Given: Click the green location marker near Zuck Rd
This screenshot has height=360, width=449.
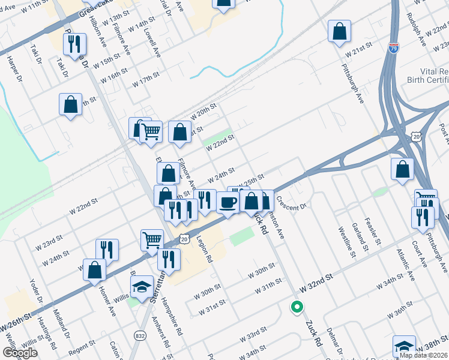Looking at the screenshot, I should coord(297,307).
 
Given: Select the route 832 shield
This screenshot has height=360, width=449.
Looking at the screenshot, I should coord(140,335).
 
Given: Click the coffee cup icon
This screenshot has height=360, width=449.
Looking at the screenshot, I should coord(228,202).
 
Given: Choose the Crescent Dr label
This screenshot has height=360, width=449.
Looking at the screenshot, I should coord(292,204).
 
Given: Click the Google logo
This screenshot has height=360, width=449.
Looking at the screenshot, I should coord(20,353).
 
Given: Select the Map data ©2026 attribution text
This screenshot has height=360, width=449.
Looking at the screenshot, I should coord(423,355).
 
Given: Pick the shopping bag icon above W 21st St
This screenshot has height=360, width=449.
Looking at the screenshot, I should coord(339,32).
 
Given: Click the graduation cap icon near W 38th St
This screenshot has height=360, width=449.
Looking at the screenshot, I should coord(404,347).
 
